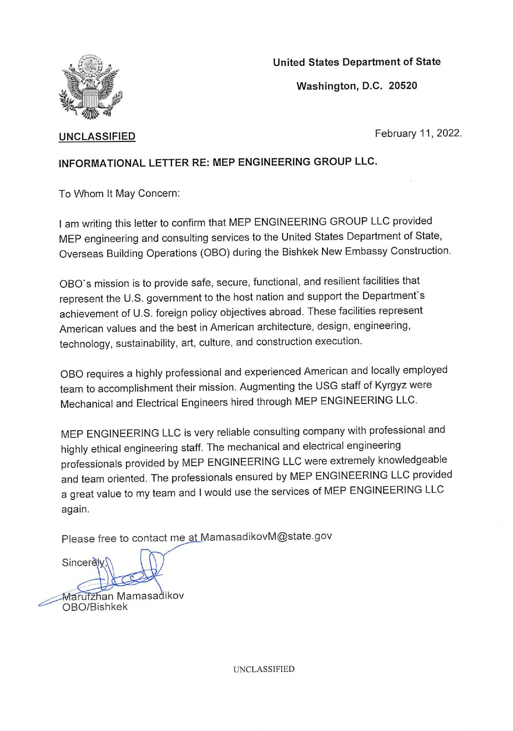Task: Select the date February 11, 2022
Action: click(x=418, y=134)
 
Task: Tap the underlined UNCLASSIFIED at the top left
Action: click(x=97, y=136)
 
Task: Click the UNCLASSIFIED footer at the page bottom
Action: click(x=264, y=669)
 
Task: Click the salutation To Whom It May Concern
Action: click(x=119, y=194)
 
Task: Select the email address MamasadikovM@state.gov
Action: click(x=266, y=536)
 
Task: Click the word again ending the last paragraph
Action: click(x=75, y=509)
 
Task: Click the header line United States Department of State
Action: click(x=357, y=62)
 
